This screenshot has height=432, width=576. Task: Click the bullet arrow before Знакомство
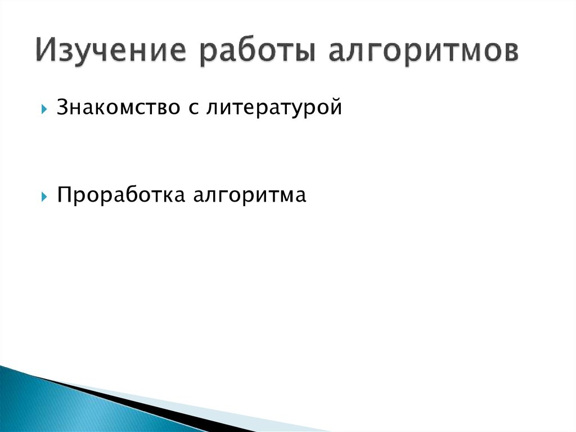(44, 108)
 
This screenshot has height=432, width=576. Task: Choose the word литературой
(273, 107)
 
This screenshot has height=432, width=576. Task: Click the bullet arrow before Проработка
(44, 197)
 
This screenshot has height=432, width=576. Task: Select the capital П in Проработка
(64, 195)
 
